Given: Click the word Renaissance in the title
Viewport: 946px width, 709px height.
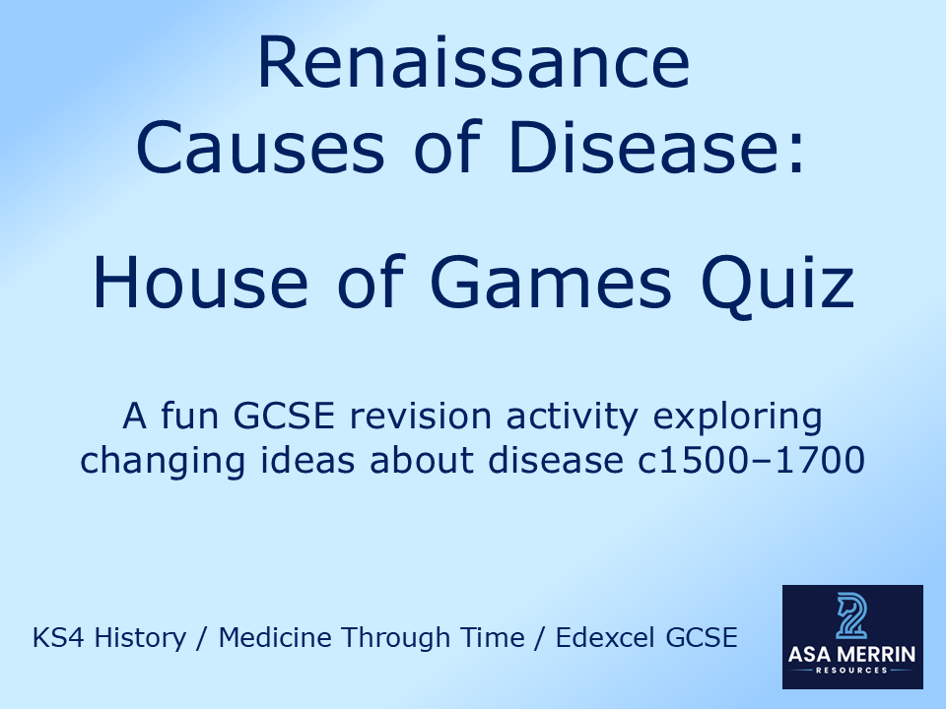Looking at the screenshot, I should pos(473,65).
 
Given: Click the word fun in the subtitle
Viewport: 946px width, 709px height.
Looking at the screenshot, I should pos(188,417).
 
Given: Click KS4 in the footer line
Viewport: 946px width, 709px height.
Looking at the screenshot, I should pos(54,638).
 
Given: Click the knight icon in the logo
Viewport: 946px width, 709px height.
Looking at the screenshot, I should pos(851,616).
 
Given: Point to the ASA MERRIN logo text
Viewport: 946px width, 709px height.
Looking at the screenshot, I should pos(851,652).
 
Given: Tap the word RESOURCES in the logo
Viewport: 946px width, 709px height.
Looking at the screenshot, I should pos(851,670).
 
